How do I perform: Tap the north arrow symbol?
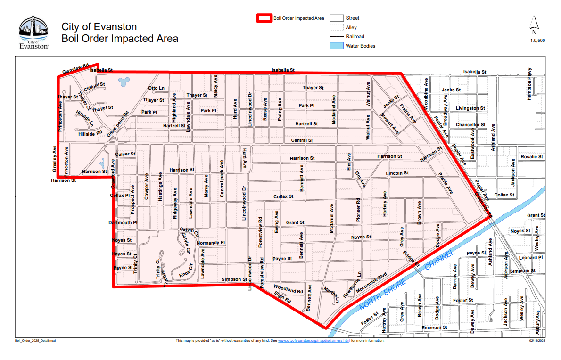pos(534,25)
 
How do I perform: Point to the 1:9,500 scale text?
pos(537,41)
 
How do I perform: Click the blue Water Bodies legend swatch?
pos(336,46)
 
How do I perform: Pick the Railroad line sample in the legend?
pos(336,36)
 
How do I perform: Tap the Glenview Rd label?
pos(75,69)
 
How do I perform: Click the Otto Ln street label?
pos(156,88)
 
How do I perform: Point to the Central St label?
pos(302,140)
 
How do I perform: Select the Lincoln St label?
pos(397,173)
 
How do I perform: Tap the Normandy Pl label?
pos(211,243)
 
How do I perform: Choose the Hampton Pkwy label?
pos(530,83)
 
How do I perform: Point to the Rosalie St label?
pos(531,157)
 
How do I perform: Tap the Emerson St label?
pos(434,327)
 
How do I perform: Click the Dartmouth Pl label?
pos(123,222)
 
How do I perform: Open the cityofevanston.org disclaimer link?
pos(313,340)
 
